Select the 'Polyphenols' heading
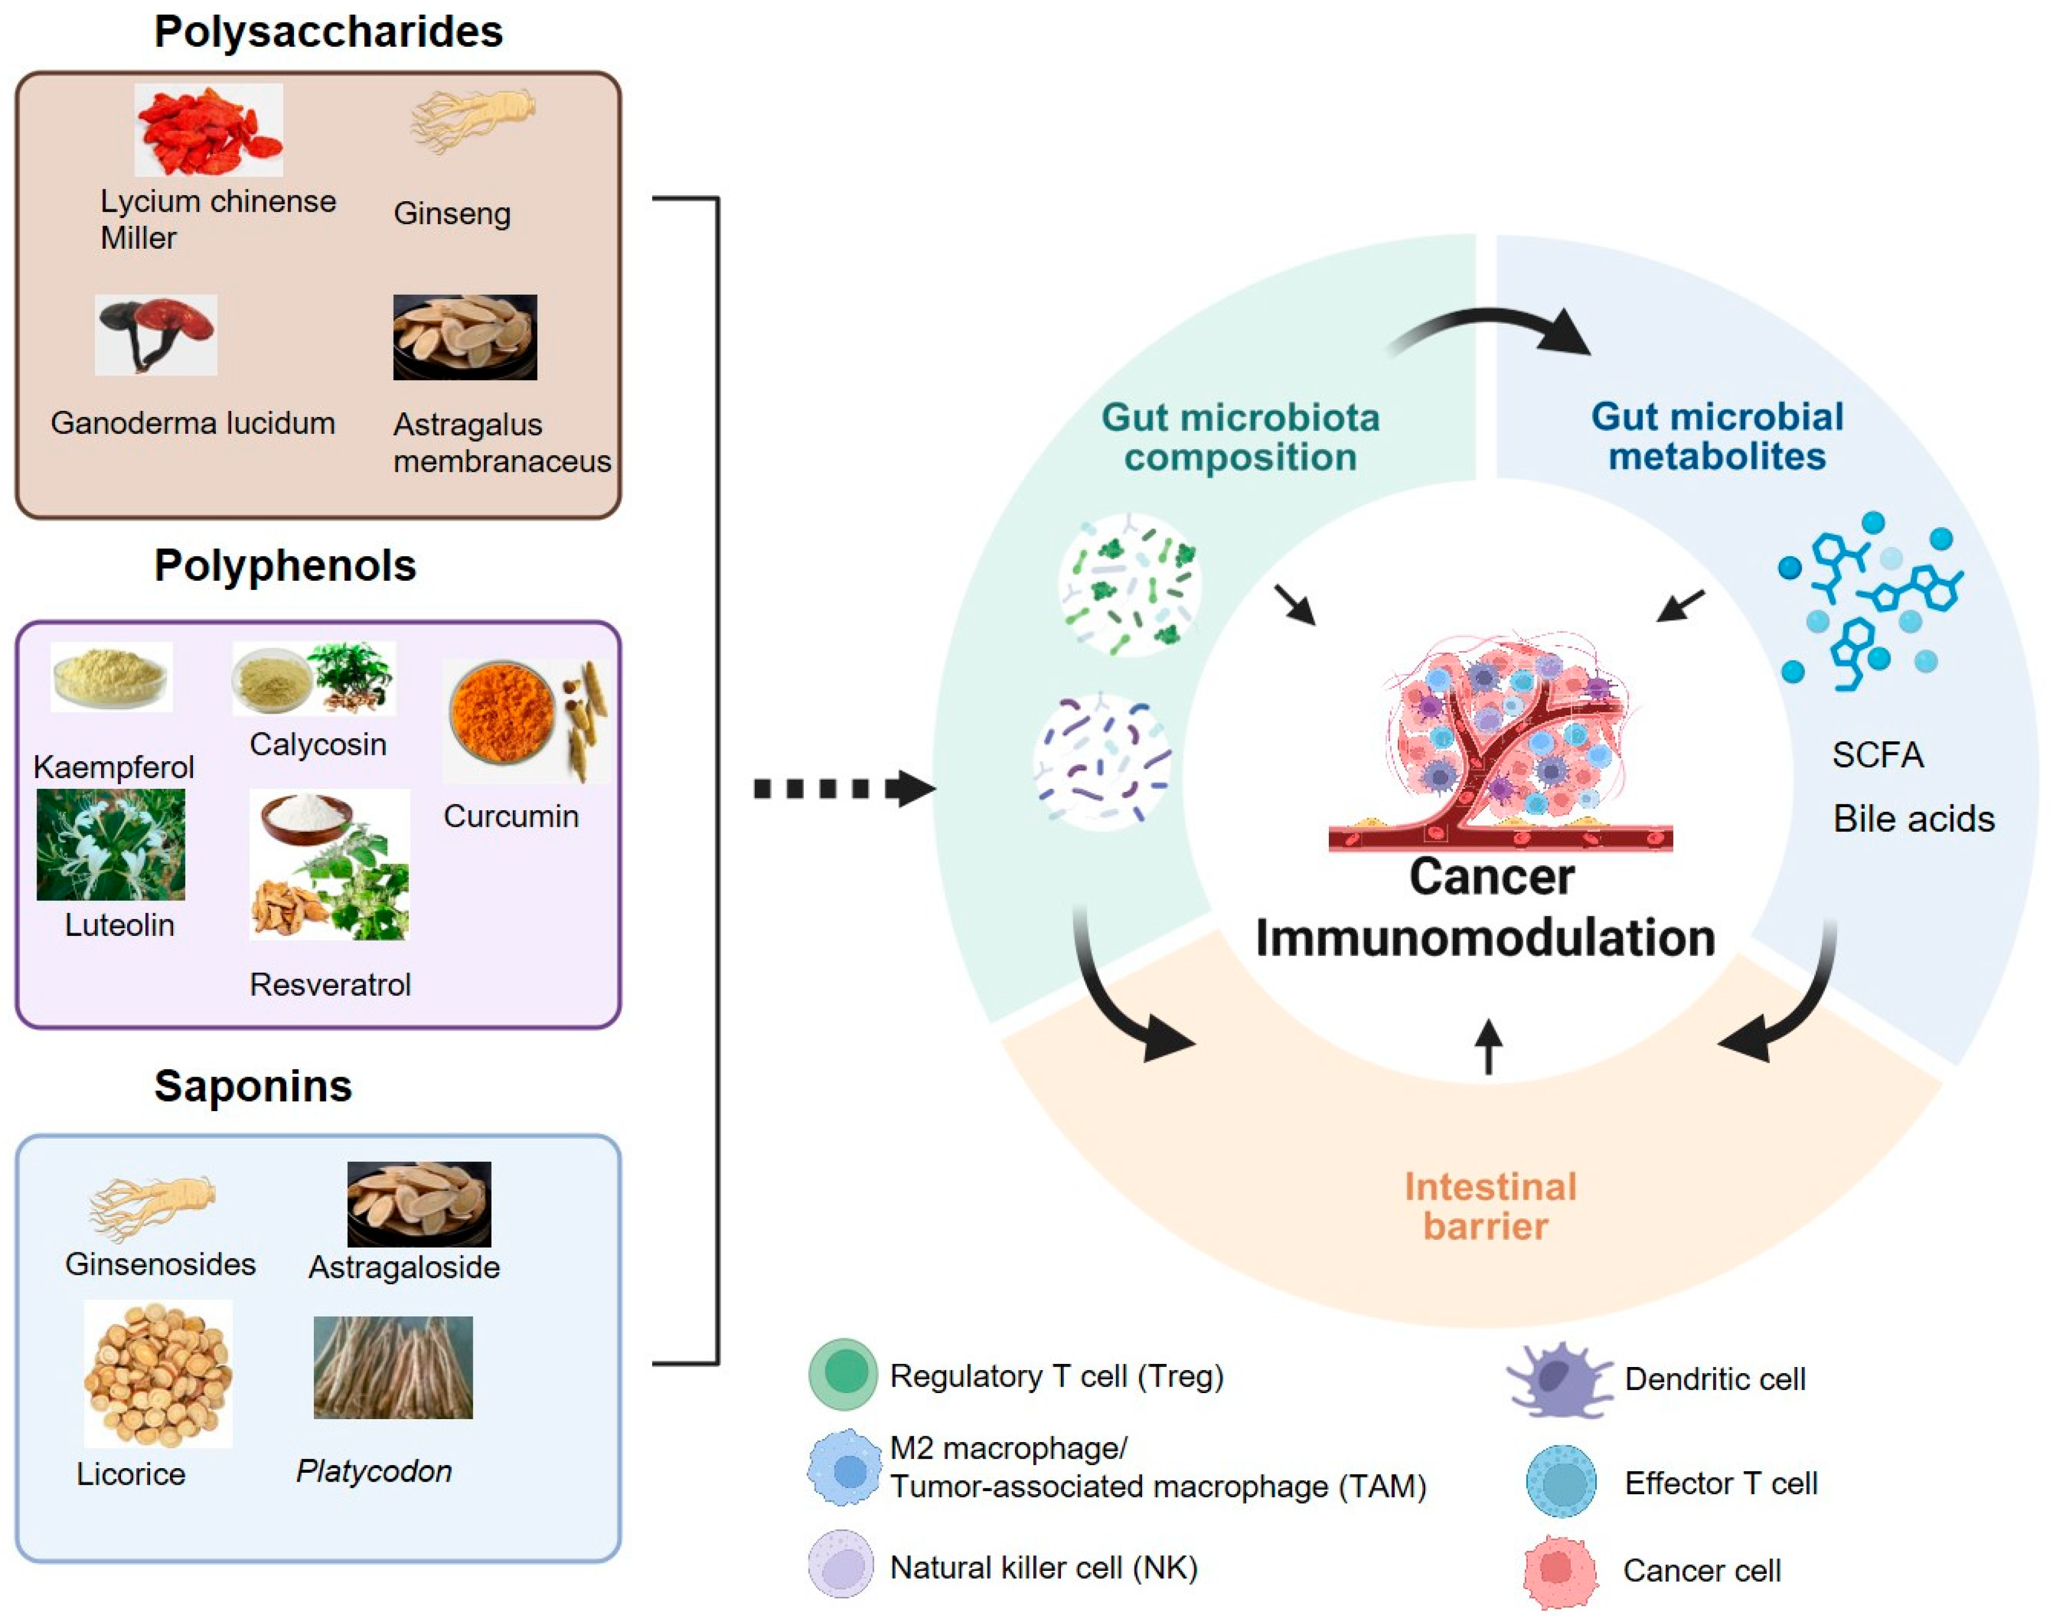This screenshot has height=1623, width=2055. coord(285,565)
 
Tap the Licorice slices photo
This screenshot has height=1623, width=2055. coord(158,1373)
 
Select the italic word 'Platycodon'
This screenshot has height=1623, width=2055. coord(373,1471)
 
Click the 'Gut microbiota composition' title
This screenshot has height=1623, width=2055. coord(1240,437)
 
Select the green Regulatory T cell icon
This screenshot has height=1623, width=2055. coord(843,1373)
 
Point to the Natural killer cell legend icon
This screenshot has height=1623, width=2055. coord(841,1564)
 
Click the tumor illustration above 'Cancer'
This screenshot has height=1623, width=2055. coord(1501,741)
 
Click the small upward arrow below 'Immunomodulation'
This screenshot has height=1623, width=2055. coord(1489,1045)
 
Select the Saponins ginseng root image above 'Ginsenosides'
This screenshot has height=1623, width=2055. coord(152,1207)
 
